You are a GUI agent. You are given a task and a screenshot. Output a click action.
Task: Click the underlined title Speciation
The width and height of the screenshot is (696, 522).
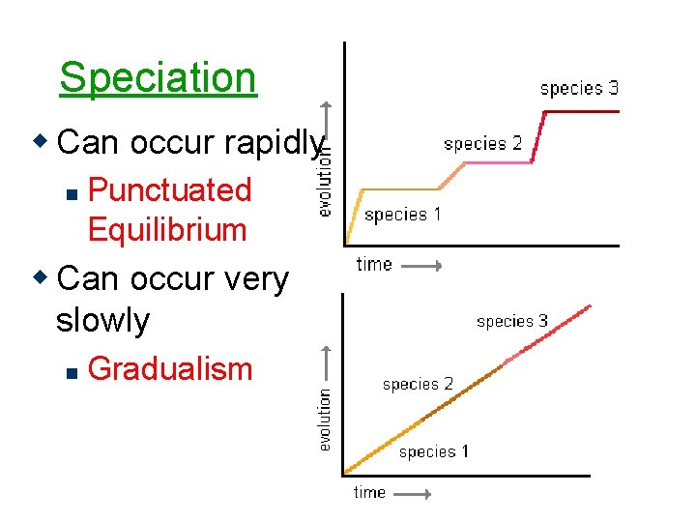[158, 77]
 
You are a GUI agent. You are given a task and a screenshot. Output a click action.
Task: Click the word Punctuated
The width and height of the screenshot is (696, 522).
[169, 189]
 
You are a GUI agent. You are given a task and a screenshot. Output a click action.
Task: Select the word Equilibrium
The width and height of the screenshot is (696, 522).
[167, 230]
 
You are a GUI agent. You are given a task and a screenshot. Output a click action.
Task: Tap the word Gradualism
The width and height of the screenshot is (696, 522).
[169, 368]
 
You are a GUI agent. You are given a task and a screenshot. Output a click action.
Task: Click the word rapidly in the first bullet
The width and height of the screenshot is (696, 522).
[274, 143]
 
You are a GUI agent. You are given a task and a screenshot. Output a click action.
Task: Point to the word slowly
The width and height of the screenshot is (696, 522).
[102, 320]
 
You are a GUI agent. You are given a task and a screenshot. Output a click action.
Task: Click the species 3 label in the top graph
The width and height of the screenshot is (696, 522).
[579, 89]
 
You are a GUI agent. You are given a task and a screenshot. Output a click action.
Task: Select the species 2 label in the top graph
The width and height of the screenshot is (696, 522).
[482, 144]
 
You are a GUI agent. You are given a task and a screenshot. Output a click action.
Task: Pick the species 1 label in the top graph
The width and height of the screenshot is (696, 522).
[402, 215]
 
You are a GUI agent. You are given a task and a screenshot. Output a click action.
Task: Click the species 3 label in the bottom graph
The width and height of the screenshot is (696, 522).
[512, 321]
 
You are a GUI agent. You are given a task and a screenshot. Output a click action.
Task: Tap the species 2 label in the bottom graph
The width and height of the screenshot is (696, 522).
[418, 384]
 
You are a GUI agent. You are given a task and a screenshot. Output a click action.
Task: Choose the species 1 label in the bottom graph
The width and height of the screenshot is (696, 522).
[434, 451]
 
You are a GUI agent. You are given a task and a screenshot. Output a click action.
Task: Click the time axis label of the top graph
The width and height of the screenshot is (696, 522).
[374, 264]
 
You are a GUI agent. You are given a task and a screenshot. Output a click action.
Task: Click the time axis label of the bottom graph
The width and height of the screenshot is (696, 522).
[369, 492]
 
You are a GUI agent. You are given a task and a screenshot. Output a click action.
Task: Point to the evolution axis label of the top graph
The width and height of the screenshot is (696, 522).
[326, 179]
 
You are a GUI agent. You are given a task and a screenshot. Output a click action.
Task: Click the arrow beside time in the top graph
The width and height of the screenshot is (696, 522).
[420, 265]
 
